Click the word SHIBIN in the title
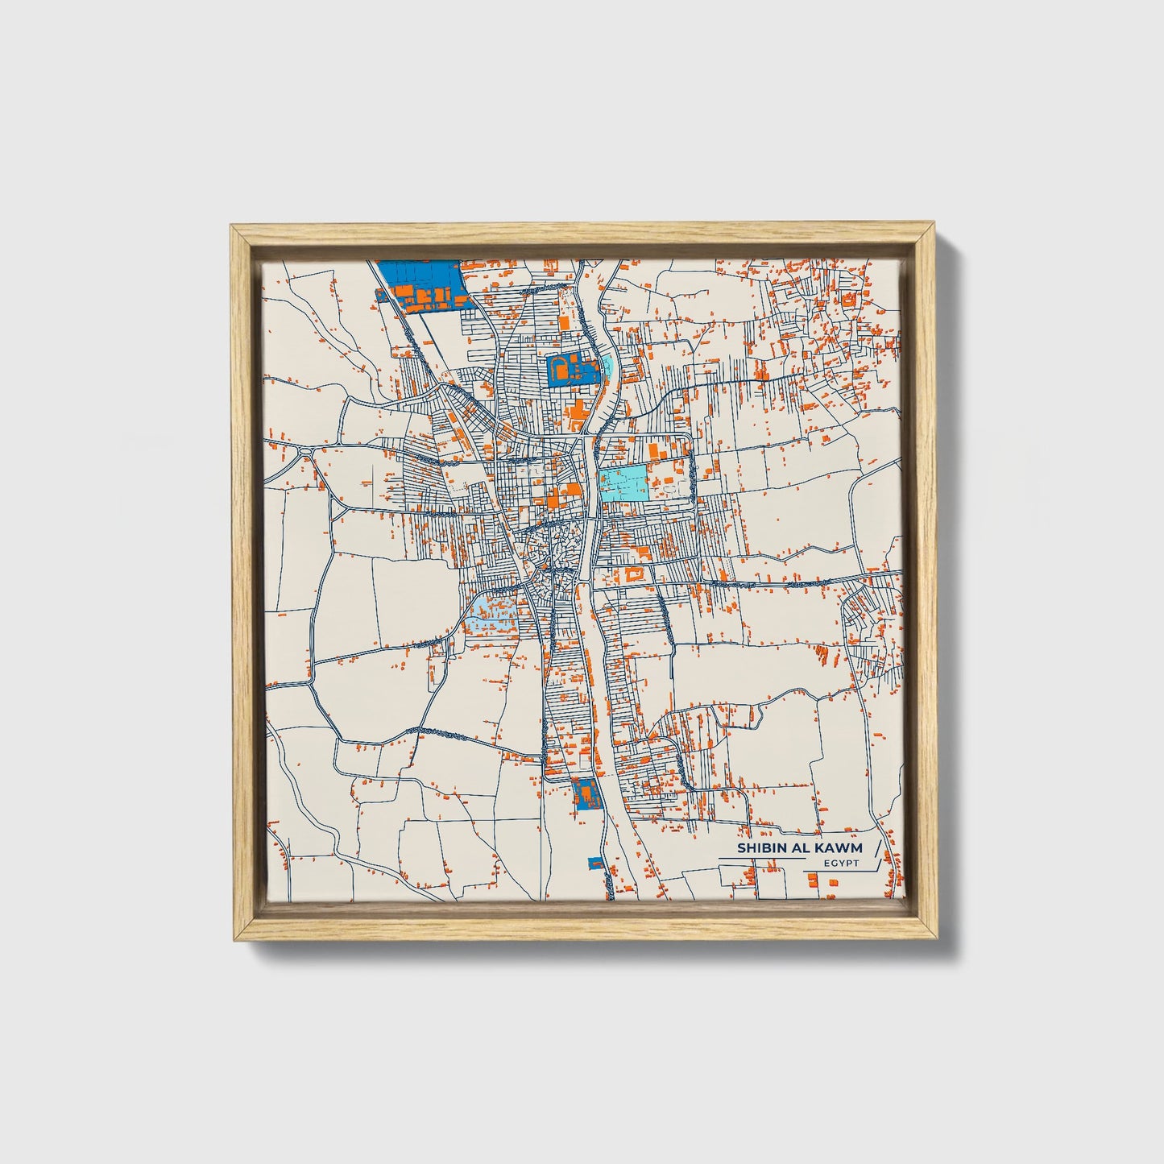(760, 848)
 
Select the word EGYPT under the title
(841, 864)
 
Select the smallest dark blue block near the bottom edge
(596, 864)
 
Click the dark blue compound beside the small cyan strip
(572, 370)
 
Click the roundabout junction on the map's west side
(305, 450)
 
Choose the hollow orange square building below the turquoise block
(633, 574)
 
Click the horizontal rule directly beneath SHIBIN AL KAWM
(761, 859)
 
